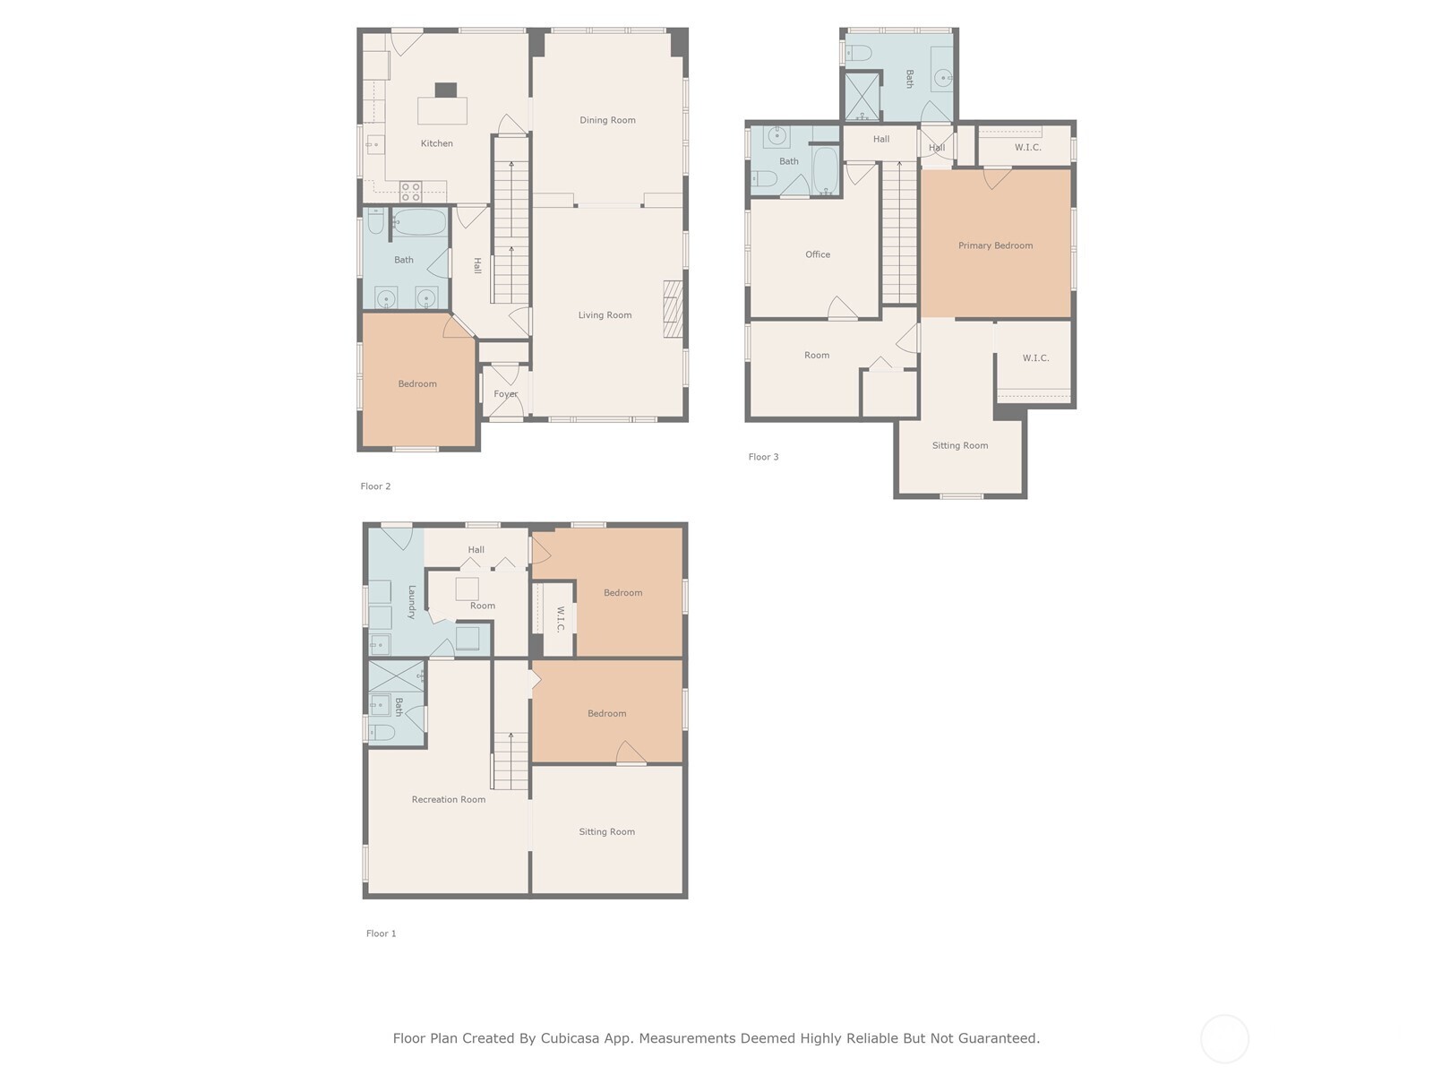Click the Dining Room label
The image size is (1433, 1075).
[607, 120]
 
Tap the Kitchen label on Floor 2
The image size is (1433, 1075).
[437, 143]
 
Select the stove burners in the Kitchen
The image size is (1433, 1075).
[410, 192]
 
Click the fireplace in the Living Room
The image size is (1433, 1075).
[674, 309]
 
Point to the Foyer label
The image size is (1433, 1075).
[506, 394]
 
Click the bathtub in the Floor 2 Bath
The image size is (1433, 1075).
[419, 222]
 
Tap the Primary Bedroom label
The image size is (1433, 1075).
[996, 245]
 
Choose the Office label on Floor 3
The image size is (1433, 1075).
[818, 254]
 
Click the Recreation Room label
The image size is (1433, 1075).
[449, 800]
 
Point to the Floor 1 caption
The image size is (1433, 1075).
[382, 933]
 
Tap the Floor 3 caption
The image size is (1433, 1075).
[763, 457]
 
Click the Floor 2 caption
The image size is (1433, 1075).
[375, 486]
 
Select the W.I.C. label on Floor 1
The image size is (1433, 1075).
[560, 619]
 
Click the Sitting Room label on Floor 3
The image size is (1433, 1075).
[960, 446]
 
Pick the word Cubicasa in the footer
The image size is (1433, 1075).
[570, 1038]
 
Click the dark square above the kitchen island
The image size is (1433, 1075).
[446, 90]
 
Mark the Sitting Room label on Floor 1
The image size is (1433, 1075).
[606, 832]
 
